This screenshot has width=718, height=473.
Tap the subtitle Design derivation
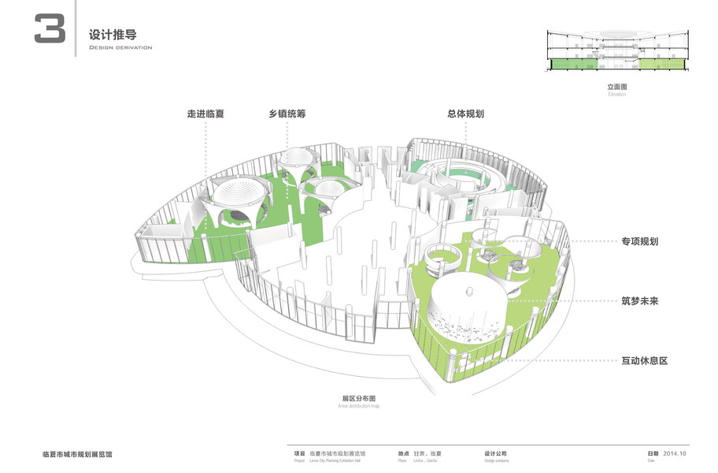[x=120, y=48]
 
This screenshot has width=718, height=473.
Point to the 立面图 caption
[x=617, y=87]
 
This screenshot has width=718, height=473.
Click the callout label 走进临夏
[x=205, y=114]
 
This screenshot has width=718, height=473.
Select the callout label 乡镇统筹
[x=287, y=114]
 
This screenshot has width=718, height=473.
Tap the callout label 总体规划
[x=465, y=114]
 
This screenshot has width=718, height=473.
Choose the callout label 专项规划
[x=639, y=241]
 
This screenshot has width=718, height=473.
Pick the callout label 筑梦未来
[x=639, y=301]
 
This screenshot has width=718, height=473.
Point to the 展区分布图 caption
[x=359, y=398]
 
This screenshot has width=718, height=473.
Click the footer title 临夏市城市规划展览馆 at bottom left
[x=77, y=455]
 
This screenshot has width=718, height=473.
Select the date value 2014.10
[x=675, y=454]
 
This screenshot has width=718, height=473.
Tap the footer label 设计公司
[x=497, y=454]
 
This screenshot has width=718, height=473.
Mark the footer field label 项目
[x=299, y=454]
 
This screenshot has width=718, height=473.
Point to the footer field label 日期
[x=653, y=454]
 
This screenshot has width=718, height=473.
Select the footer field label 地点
[x=403, y=454]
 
